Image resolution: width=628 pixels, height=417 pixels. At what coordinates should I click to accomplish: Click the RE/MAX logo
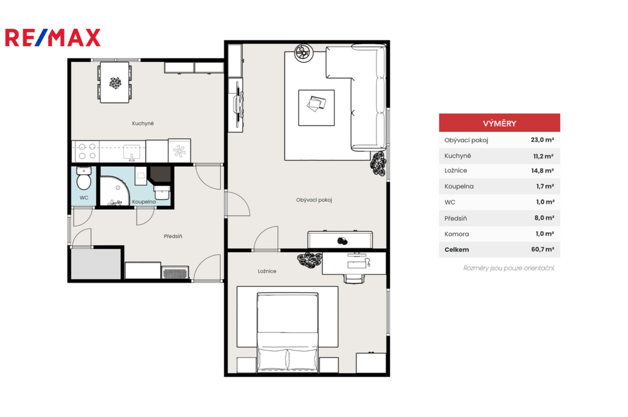[x=53, y=37]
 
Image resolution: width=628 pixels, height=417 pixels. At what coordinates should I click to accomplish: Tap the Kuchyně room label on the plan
[x=143, y=123]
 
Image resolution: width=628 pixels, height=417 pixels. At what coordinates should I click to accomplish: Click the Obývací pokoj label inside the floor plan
[x=314, y=200]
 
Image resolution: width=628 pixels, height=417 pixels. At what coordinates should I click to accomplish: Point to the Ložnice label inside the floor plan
[x=267, y=271]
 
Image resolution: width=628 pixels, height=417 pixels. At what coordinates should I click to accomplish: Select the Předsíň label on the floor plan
[x=173, y=236]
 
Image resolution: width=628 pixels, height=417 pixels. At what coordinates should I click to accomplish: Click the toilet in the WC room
[x=83, y=178]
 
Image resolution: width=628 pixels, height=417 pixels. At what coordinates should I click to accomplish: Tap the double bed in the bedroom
[x=288, y=332]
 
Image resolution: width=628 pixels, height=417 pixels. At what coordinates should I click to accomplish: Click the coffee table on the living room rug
[x=316, y=108]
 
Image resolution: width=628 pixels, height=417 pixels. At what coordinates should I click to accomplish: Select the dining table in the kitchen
[x=115, y=83]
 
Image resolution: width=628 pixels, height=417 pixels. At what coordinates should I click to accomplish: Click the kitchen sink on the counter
[x=131, y=152]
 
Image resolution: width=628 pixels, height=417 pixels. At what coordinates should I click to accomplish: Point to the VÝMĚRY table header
[x=499, y=123]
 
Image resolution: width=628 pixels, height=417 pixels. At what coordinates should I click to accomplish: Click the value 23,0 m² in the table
[x=542, y=140]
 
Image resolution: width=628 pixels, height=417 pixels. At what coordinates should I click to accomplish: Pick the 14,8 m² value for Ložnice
[x=542, y=170]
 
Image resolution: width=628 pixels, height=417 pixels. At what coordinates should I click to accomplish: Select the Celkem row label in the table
[x=456, y=250]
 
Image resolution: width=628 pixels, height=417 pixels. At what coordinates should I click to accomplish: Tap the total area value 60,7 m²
[x=543, y=249]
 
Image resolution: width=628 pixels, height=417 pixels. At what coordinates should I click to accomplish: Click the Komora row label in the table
[x=456, y=234]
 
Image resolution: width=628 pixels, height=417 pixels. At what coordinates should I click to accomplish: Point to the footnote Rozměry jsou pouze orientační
[x=508, y=268]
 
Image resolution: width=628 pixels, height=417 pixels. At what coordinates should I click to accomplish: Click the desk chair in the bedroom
[x=354, y=278]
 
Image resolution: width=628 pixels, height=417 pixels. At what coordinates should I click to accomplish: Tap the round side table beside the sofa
[x=303, y=53]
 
